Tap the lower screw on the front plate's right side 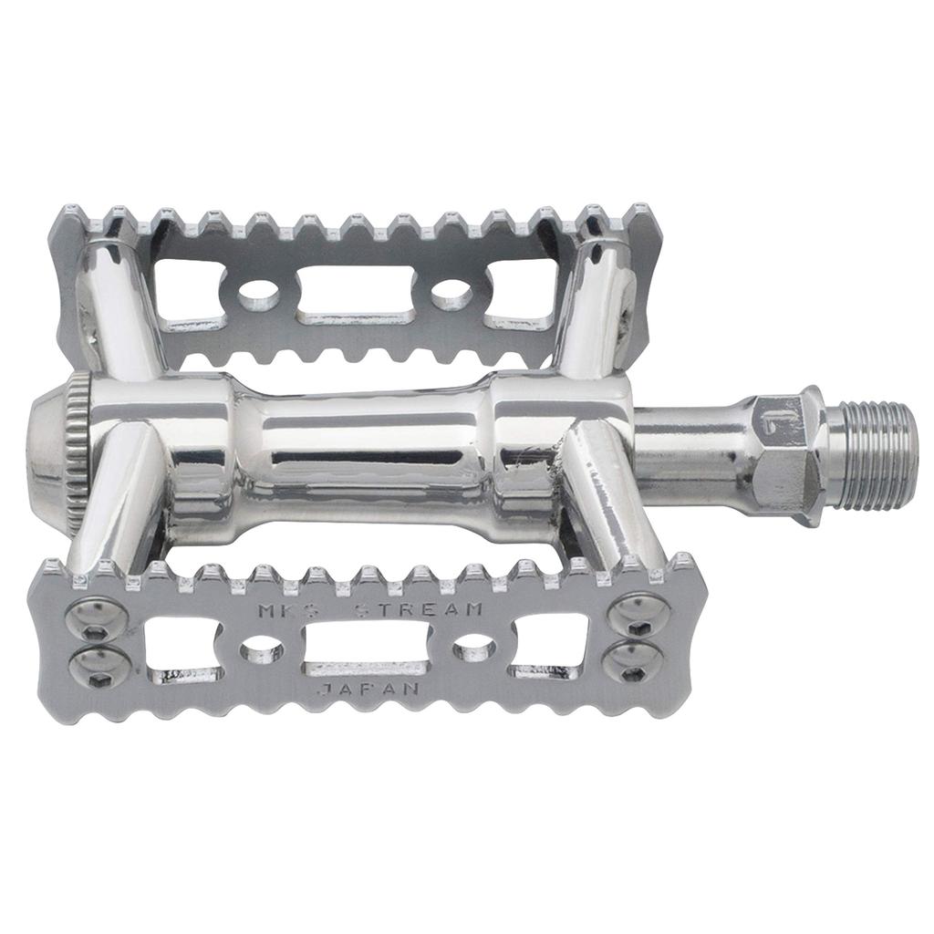tap(631, 658)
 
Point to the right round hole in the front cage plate tap(473, 649)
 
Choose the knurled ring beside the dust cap tap(78, 441)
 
